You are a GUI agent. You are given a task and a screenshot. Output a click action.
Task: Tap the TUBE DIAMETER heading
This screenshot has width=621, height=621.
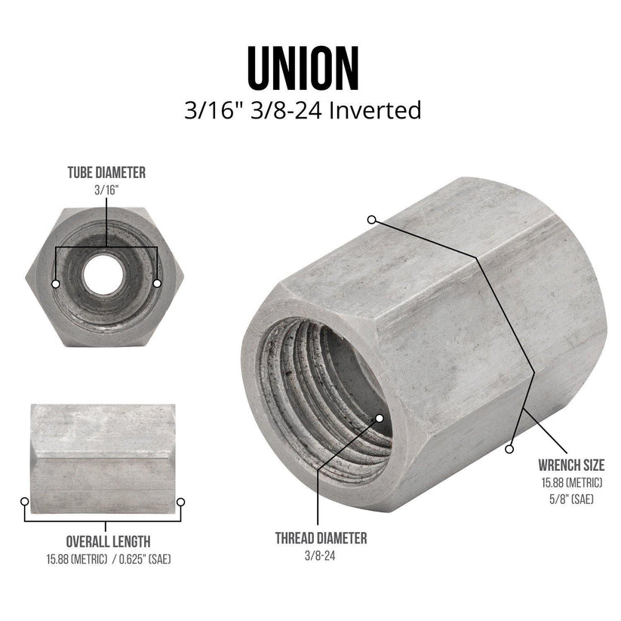pyautogui.click(x=106, y=173)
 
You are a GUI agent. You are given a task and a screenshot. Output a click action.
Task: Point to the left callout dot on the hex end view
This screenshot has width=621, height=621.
pyautogui.click(x=56, y=283)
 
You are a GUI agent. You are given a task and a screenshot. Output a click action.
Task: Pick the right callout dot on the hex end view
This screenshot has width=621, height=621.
pyautogui.click(x=157, y=283)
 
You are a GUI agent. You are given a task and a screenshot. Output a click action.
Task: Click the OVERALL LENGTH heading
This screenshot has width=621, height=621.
pyautogui.click(x=108, y=541)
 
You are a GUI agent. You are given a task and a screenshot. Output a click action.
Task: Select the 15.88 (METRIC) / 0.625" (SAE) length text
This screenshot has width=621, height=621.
pyautogui.click(x=108, y=559)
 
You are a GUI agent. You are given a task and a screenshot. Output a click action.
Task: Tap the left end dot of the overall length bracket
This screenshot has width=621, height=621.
pyautogui.click(x=25, y=501)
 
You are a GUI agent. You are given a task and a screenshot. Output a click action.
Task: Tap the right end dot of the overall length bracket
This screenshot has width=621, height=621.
pyautogui.click(x=180, y=501)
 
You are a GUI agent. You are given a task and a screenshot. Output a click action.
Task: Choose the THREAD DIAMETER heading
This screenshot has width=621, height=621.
pyautogui.click(x=321, y=538)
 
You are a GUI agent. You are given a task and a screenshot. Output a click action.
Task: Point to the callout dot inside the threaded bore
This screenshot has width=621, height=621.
pyautogui.click(x=379, y=417)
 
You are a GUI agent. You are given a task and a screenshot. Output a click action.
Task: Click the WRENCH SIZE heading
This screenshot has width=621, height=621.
pyautogui.click(x=570, y=464)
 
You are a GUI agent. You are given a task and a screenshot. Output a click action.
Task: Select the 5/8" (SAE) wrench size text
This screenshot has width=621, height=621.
pyautogui.click(x=571, y=498)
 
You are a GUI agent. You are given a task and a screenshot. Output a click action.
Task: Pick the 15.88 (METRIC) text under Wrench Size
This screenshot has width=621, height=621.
pyautogui.click(x=571, y=483)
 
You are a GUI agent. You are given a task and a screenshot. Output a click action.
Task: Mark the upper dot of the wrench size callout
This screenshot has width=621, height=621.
pyautogui.click(x=372, y=220)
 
